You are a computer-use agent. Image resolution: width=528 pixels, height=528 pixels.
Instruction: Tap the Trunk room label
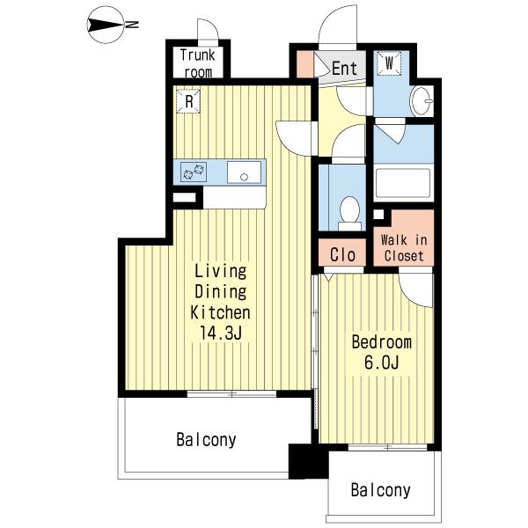pyautogui.click(x=198, y=63)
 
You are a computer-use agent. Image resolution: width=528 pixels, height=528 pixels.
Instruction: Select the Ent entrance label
pyautogui.click(x=344, y=69)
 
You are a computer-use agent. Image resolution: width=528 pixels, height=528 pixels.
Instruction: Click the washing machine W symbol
pyautogui.click(x=389, y=63)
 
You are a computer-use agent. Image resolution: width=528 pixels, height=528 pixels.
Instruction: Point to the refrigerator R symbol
pyautogui.click(x=188, y=101)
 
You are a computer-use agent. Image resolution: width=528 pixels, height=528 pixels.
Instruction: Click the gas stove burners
pyautogui.click(x=194, y=172)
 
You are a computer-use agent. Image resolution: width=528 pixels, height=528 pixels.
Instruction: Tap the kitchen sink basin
pyautogui.click(x=244, y=172)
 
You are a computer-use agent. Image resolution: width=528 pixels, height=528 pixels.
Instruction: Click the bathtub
pyautogui.click(x=403, y=182)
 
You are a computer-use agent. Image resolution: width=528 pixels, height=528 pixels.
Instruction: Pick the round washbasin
pyautogui.click(x=421, y=101)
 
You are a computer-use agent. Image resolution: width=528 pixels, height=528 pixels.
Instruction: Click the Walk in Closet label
pyautogui.click(x=404, y=248)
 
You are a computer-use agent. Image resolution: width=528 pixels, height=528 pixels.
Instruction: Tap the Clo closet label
pyautogui.click(x=343, y=255)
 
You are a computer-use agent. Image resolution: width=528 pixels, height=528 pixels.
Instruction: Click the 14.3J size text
pyautogui.click(x=221, y=333)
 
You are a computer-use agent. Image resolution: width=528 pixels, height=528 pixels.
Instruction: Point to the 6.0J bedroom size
pyautogui.click(x=382, y=363)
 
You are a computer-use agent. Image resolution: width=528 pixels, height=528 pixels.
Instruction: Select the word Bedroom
pyautogui.click(x=382, y=342)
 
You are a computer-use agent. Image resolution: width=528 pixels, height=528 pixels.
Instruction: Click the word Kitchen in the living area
pyautogui.click(x=221, y=312)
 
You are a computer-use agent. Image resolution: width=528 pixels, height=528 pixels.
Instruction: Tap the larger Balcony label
pyautogui.click(x=206, y=440)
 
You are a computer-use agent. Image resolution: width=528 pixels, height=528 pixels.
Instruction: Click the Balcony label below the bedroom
pyautogui.click(x=380, y=490)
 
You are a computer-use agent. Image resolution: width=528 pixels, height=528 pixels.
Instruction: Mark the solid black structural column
pyautogui.click(x=308, y=461)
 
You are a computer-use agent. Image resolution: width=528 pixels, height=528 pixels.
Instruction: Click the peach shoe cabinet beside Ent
pyautogui.click(x=304, y=64)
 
